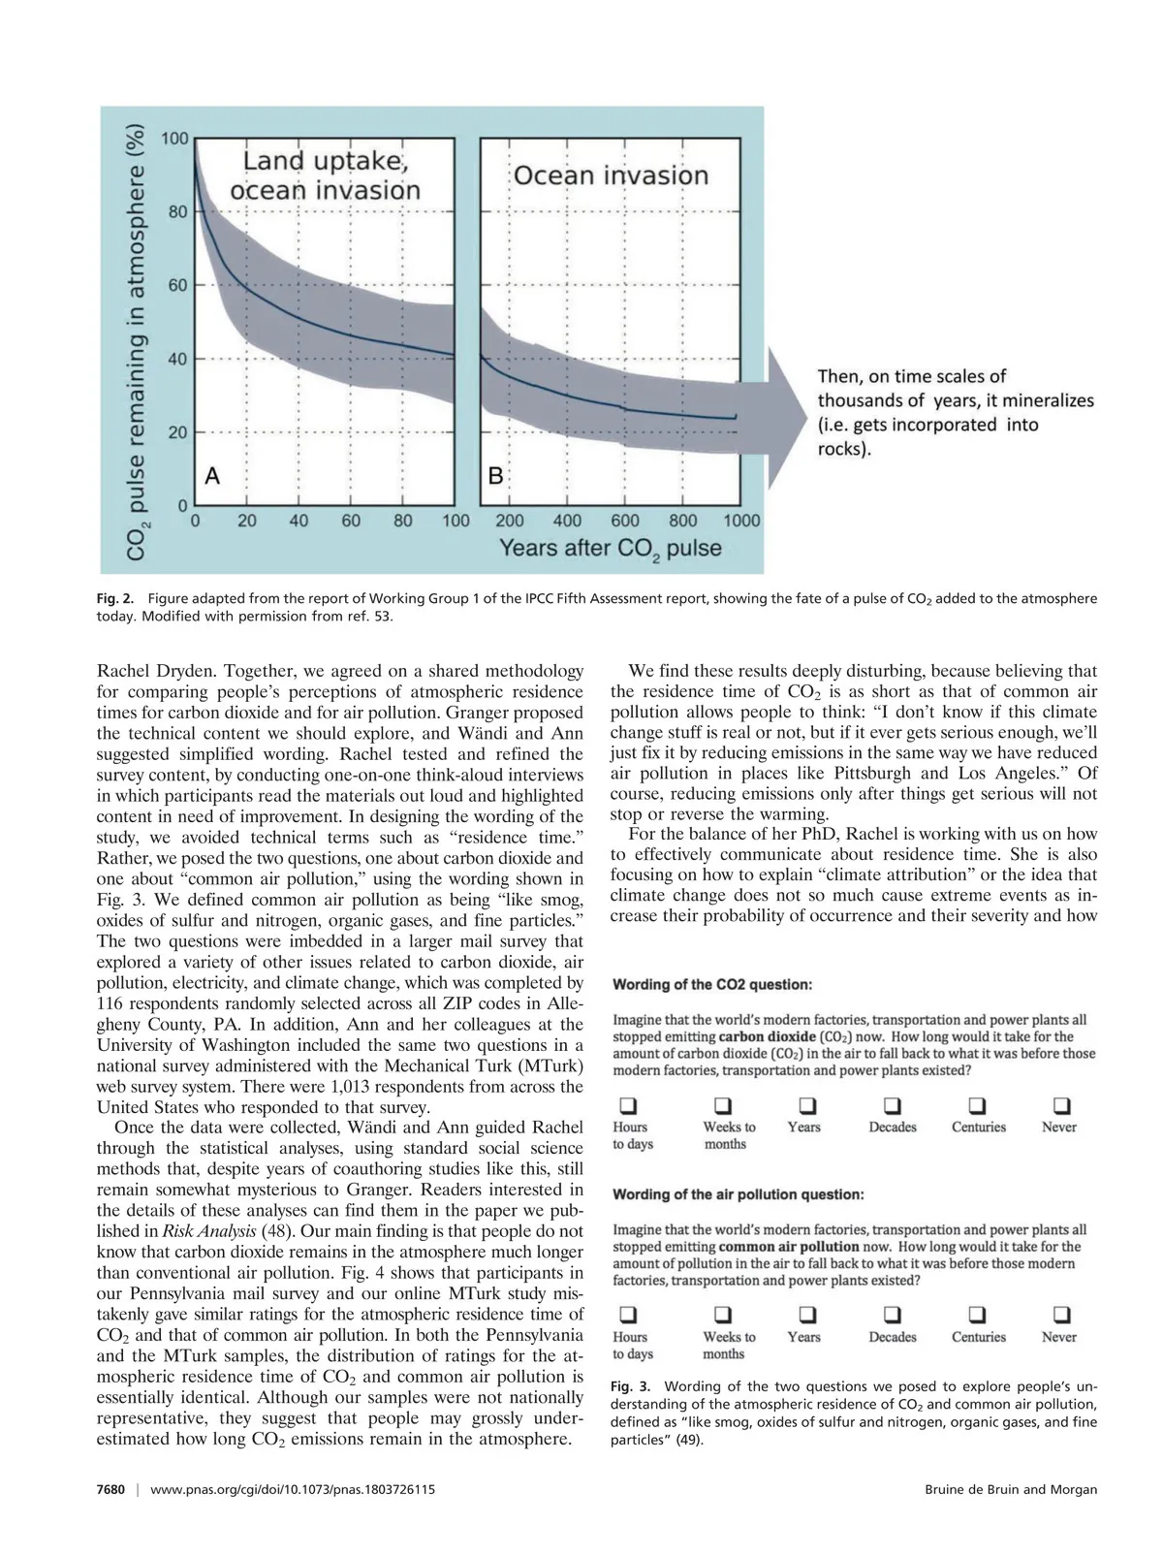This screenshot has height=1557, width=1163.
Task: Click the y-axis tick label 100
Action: [175, 139]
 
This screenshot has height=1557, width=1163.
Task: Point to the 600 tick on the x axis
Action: [625, 521]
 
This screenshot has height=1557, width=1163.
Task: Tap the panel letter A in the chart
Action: [211, 475]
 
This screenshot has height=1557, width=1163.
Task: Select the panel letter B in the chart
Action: [495, 475]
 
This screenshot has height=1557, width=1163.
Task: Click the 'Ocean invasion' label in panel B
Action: [611, 175]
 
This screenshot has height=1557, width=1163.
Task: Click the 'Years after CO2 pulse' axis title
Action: [610, 549]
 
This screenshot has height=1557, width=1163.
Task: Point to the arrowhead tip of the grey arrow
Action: [805, 411]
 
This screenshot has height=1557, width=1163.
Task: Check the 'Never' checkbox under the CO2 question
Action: [1061, 1106]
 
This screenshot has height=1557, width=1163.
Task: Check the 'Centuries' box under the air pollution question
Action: [978, 1316]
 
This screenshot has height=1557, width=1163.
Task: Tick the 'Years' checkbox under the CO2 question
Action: [806, 1106]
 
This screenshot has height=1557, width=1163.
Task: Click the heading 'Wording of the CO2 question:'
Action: [712, 985]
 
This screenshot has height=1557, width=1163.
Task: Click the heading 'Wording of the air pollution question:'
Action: [738, 1194]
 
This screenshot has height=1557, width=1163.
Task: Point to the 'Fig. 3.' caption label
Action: [631, 1386]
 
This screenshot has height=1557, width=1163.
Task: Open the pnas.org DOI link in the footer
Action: [293, 1489]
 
